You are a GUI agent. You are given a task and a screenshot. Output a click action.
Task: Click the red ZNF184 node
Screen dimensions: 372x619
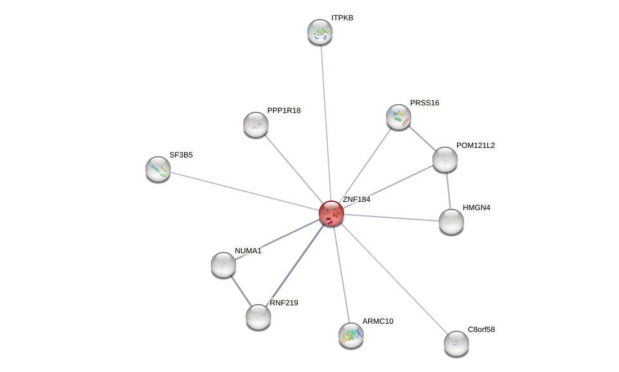point(331,213)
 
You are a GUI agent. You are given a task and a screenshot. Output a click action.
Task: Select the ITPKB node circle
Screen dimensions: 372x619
point(320,32)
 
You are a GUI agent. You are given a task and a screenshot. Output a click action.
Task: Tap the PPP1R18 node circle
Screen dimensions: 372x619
point(256,124)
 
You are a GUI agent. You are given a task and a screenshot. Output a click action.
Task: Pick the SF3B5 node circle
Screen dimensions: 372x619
point(158,169)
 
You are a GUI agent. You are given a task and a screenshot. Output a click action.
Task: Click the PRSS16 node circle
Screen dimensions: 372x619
point(399,117)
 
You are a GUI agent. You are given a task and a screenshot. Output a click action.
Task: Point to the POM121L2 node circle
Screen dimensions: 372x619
point(445,159)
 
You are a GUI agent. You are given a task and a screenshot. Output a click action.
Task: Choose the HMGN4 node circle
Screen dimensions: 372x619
point(451,222)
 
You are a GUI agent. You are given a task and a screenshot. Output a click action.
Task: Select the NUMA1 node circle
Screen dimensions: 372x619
point(223,265)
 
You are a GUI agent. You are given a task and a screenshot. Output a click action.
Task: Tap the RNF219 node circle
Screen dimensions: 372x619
point(258,317)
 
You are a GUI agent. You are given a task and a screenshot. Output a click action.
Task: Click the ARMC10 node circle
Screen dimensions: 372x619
point(351,335)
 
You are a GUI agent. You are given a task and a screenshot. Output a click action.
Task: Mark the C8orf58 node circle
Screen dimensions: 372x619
point(456,343)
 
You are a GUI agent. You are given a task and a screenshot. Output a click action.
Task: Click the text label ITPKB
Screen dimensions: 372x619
point(342,18)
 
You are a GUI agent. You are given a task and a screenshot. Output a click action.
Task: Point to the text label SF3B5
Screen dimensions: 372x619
point(180,154)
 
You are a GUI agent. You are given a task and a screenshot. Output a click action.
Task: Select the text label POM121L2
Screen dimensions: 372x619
point(476,145)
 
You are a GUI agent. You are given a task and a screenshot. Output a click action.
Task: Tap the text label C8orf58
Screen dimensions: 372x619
point(481,329)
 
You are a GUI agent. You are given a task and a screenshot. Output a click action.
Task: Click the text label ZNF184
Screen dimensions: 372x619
point(356,199)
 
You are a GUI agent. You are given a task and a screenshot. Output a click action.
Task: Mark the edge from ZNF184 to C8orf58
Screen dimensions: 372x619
point(394,278)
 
